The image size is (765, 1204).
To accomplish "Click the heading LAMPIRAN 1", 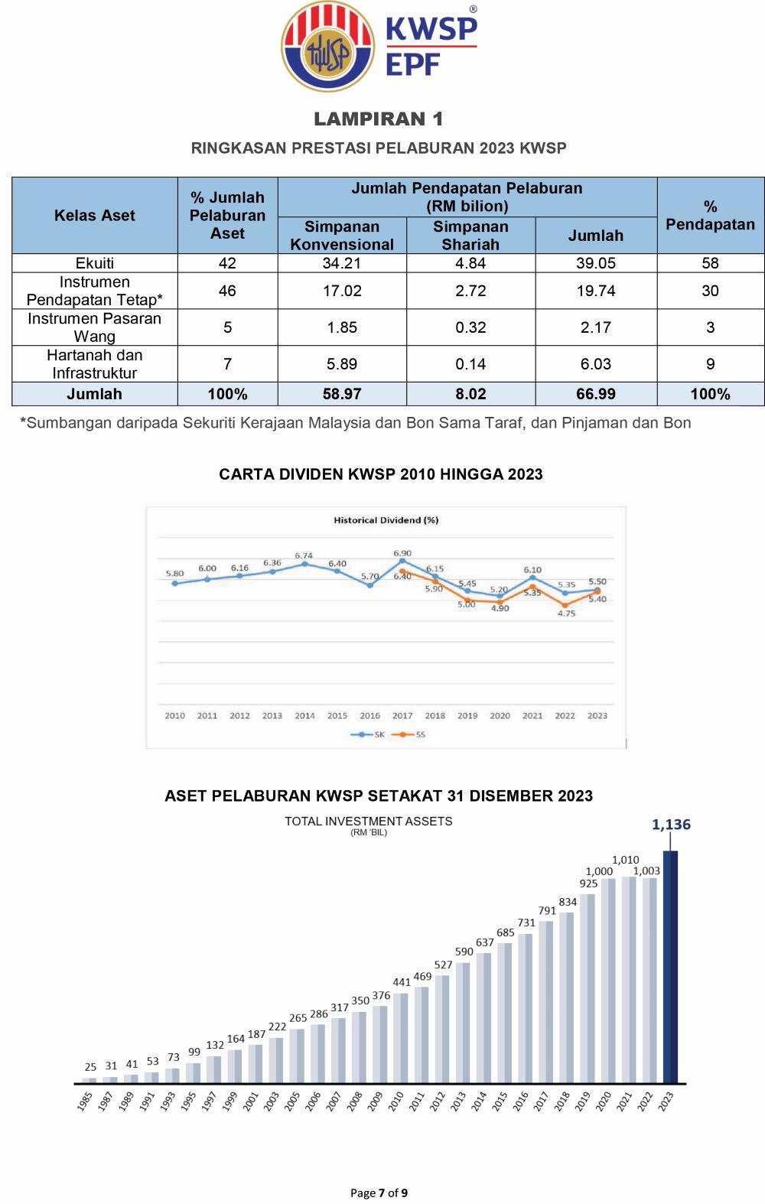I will click(x=379, y=119).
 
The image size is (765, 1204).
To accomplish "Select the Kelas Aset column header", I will click(x=94, y=216).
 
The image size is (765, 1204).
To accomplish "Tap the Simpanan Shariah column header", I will click(x=470, y=236).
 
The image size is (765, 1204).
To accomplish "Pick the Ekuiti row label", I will click(x=94, y=263).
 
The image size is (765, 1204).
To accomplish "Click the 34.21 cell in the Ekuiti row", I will click(x=341, y=263).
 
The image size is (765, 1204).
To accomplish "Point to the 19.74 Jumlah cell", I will click(x=595, y=291).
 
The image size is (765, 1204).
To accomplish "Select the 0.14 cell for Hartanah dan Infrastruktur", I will click(x=470, y=364).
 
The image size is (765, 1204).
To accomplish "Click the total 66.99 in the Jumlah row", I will click(x=595, y=394).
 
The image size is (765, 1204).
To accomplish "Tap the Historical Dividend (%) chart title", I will click(x=386, y=520).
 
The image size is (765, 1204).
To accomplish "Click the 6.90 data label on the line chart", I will click(x=402, y=553).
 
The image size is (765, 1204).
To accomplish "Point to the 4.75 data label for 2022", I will click(x=566, y=613).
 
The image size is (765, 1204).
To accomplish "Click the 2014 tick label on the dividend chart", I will click(x=304, y=716).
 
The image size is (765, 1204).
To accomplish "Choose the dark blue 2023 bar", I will click(x=670, y=967).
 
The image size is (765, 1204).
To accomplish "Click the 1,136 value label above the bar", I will click(x=671, y=825).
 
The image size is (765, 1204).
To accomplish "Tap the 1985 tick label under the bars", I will click(x=85, y=1101).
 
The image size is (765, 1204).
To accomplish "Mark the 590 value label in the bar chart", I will click(x=464, y=952).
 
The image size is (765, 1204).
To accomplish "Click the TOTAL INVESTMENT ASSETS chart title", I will click(x=369, y=822).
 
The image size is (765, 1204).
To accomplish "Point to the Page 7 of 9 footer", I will click(x=379, y=1193).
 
